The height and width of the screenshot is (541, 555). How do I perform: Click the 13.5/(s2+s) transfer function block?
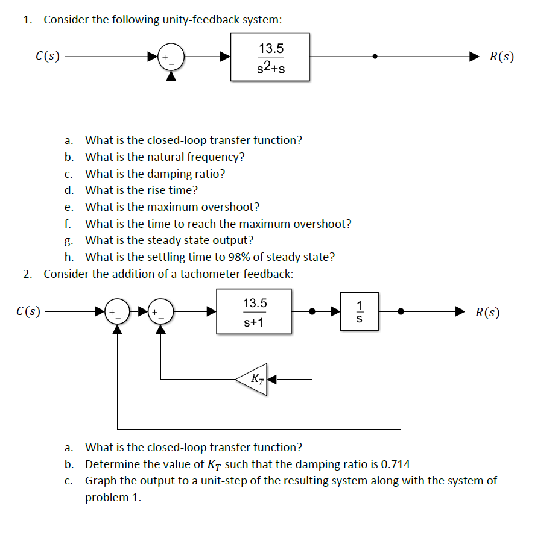pyautogui.click(x=270, y=57)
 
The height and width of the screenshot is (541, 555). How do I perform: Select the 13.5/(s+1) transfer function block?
pyautogui.click(x=254, y=311)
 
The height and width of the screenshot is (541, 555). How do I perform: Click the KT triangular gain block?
pyautogui.click(x=254, y=379)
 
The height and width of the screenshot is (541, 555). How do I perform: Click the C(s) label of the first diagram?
pyautogui.click(x=48, y=57)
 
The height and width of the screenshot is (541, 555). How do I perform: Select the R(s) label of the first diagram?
pyautogui.click(x=501, y=57)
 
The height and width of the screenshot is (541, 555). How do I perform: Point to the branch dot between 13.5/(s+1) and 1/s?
pyautogui.click(x=312, y=311)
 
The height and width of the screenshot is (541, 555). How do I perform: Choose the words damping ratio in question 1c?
pyautogui.click(x=190, y=174)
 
